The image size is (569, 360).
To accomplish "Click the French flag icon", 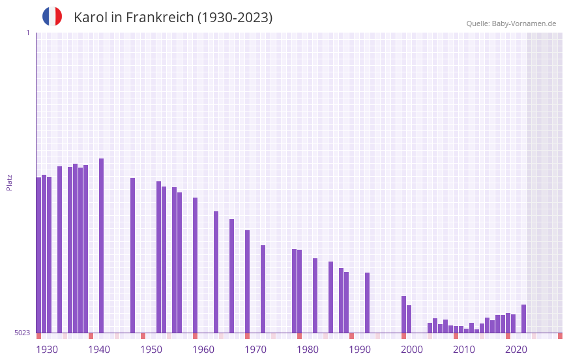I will pyautogui.click(x=52, y=16).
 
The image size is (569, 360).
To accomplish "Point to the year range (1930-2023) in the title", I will pyautogui.click(x=235, y=18).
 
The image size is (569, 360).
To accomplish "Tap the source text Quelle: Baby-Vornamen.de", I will pyautogui.click(x=511, y=23).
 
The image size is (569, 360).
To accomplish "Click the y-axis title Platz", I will pyautogui.click(x=9, y=182).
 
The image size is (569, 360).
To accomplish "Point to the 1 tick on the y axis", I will pyautogui.click(x=27, y=33).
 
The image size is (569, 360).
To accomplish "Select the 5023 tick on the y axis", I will pyautogui.click(x=22, y=333).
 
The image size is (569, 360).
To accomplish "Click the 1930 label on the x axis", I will pyautogui.click(x=47, y=350).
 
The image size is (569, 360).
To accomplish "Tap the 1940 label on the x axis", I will pyautogui.click(x=99, y=350).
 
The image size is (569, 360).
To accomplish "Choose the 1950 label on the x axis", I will pyautogui.click(x=151, y=350).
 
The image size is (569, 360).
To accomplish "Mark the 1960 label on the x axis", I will pyautogui.click(x=203, y=350).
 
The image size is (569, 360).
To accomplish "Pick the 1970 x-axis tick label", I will pyautogui.click(x=255, y=350).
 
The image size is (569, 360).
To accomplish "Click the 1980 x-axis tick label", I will pyautogui.click(x=308, y=350).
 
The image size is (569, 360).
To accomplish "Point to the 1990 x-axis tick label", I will pyautogui.click(x=360, y=350).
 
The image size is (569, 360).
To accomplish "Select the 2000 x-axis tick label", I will pyautogui.click(x=412, y=350).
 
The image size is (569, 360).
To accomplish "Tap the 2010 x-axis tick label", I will pyautogui.click(x=464, y=350).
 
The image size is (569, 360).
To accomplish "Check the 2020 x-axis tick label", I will pyautogui.click(x=516, y=350).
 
